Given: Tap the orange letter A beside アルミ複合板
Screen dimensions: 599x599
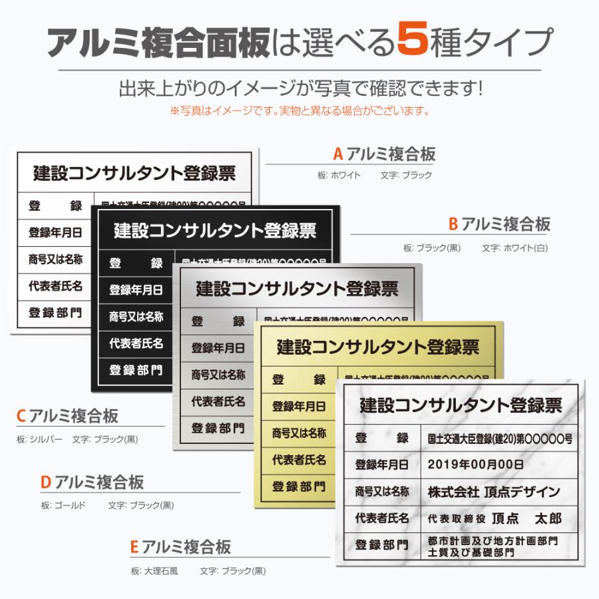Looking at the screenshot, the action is pos(337,154).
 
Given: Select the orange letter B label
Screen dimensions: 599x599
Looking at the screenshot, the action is pos(453,224).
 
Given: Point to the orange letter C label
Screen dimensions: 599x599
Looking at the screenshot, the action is pos(21,417).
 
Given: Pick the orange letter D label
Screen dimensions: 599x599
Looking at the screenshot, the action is pos(46,481).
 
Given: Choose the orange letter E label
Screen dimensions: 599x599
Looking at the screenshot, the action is pos(134,547).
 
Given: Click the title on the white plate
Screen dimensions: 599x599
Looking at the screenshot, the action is pos(134,174).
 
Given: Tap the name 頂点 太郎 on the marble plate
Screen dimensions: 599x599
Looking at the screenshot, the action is pos(526,518).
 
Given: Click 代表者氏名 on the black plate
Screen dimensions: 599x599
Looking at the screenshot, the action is pos(136,343).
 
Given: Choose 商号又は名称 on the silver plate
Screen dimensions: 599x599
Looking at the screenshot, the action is pos(218,375).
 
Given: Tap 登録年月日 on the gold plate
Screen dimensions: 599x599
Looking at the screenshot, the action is pos(299,406).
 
